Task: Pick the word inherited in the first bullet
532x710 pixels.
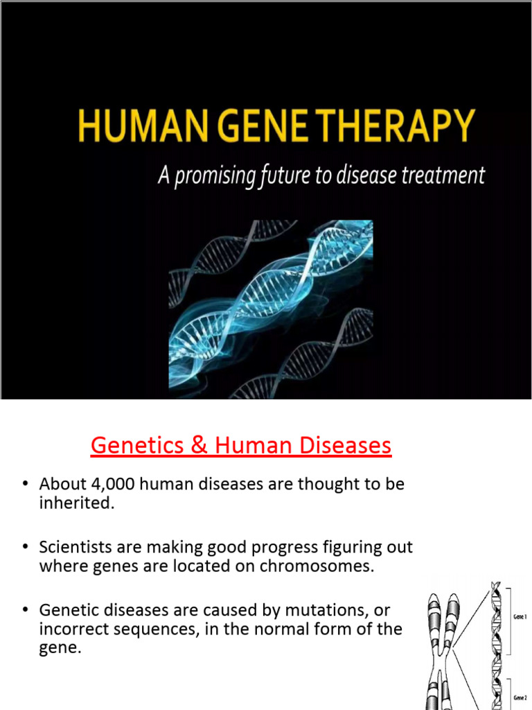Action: tap(76, 504)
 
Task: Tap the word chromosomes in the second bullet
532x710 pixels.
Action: tap(326, 566)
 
